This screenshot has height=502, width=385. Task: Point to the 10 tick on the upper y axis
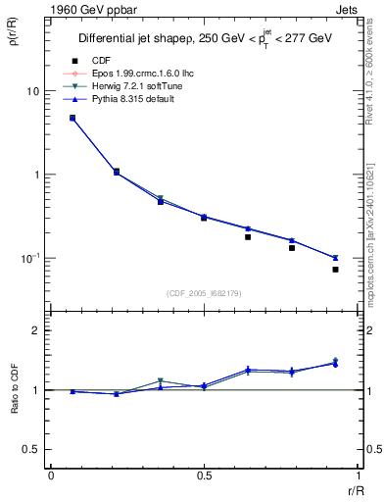[x=32, y=91]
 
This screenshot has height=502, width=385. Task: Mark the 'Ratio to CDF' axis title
[x=15, y=389]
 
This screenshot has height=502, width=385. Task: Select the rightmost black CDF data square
[x=335, y=270]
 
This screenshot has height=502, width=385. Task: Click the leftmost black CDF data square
[x=72, y=118]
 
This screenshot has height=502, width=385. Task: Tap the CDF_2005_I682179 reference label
[x=204, y=293]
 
